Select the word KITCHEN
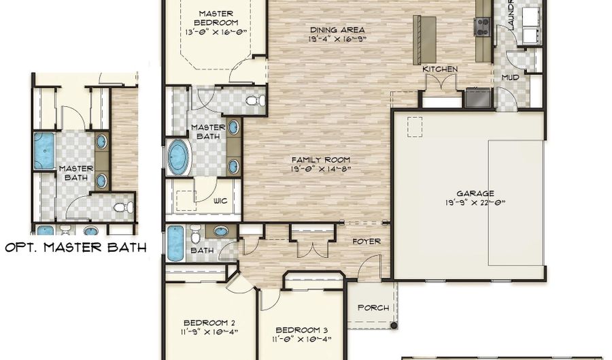click(x=440, y=69)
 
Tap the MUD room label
click(x=510, y=78)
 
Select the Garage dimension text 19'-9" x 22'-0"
click(x=475, y=202)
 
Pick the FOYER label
click(x=366, y=242)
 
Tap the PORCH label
click(x=373, y=308)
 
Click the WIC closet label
click(x=220, y=201)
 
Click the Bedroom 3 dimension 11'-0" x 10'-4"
click(x=302, y=338)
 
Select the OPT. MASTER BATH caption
click(x=75, y=248)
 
